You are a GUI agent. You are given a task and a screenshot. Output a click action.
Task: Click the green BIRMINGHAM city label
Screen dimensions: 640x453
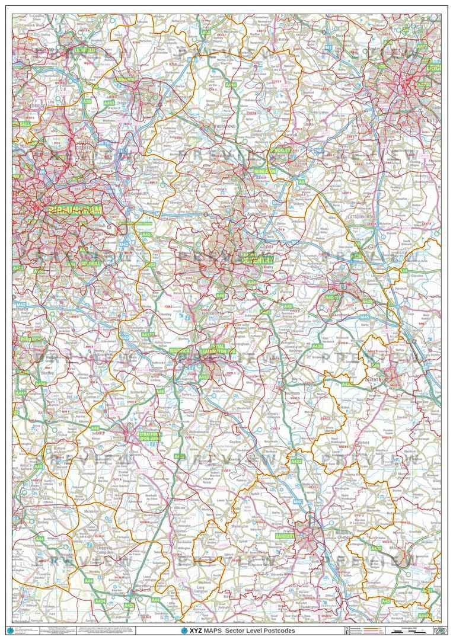pos(75,210)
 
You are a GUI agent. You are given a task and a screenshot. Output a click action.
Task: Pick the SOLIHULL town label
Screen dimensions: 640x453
pos(91,263)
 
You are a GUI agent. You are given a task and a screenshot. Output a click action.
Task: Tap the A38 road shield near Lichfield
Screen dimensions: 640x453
pos(87,101)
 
